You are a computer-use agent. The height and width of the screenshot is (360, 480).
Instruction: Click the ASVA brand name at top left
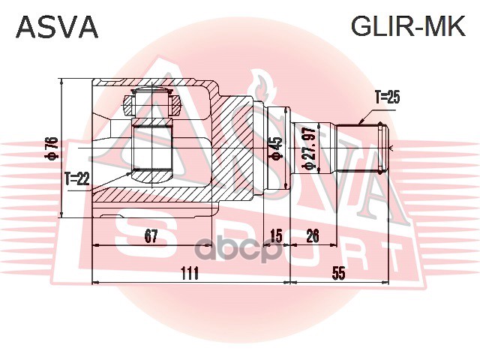(x=57, y=28)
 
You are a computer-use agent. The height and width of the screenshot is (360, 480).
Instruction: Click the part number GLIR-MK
(x=408, y=28)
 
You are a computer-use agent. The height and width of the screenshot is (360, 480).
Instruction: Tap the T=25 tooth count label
(x=388, y=97)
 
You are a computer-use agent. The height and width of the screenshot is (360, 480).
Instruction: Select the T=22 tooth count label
(x=76, y=178)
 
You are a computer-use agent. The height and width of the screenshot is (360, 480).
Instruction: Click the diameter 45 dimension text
(x=275, y=148)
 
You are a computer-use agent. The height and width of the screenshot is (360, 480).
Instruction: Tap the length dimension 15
(x=275, y=237)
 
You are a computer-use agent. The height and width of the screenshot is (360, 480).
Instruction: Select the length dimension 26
(x=312, y=237)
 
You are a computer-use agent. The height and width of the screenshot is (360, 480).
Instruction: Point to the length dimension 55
(x=339, y=274)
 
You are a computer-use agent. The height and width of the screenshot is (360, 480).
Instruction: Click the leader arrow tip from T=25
(x=359, y=123)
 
